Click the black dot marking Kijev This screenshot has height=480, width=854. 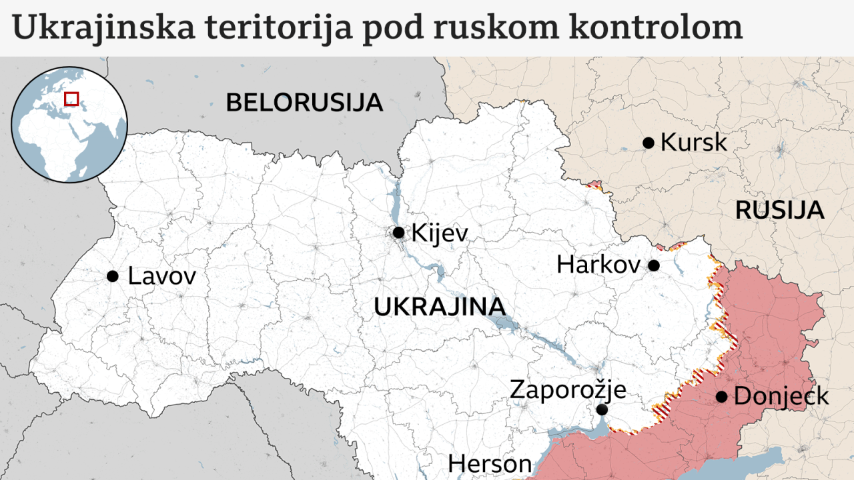pos(398,233)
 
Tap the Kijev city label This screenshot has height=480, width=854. pos(440,233)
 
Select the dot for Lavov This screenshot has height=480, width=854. pos(113,276)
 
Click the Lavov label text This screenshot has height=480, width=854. pos(161,276)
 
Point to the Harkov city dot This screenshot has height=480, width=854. pos(654,265)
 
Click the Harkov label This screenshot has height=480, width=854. pos(598,265)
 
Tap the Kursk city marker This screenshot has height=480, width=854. pos(648,143)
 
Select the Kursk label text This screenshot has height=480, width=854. pos(693,143)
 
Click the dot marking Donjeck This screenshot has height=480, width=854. pos(721,397)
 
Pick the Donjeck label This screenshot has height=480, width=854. pos(781,397)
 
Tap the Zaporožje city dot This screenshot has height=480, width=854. pos(602,409)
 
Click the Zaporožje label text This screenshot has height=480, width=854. pos(568,389)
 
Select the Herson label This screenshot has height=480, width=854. pos(490,463)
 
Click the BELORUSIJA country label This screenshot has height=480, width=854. pos(304,103)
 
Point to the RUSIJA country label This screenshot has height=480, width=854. pos(779,210)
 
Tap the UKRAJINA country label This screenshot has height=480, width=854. pos(439,307)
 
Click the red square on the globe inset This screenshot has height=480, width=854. pos(71,99)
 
